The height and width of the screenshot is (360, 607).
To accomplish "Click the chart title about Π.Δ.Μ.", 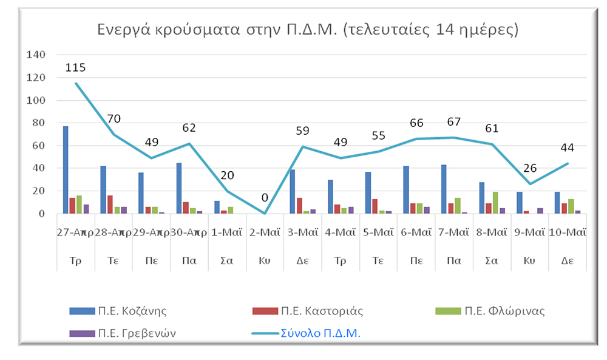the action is (307, 29).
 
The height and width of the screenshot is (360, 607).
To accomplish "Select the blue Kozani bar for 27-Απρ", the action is (66, 170).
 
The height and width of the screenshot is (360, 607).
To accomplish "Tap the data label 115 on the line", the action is (75, 68).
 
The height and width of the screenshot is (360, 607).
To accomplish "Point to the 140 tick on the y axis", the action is (36, 55).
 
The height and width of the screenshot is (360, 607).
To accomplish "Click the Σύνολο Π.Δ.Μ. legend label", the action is (320, 333).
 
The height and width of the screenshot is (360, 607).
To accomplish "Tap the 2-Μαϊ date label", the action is (265, 233).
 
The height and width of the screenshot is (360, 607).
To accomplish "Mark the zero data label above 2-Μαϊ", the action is (265, 198).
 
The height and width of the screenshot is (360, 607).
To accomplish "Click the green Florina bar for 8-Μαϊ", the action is (495, 203).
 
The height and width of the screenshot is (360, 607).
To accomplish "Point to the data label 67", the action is (453, 122).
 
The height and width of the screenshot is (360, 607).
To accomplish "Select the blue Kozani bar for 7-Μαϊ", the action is (444, 189).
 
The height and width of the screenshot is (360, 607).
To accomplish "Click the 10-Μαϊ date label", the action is (568, 233).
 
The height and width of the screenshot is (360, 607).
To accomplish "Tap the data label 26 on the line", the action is (529, 168).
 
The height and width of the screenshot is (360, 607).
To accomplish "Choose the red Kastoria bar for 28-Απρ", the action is (110, 205).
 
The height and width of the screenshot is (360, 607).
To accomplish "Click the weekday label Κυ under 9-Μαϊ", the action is (529, 260).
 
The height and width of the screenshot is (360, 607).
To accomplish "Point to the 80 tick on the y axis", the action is (38, 123).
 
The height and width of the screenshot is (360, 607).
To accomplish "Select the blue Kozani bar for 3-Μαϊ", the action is (293, 192).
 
